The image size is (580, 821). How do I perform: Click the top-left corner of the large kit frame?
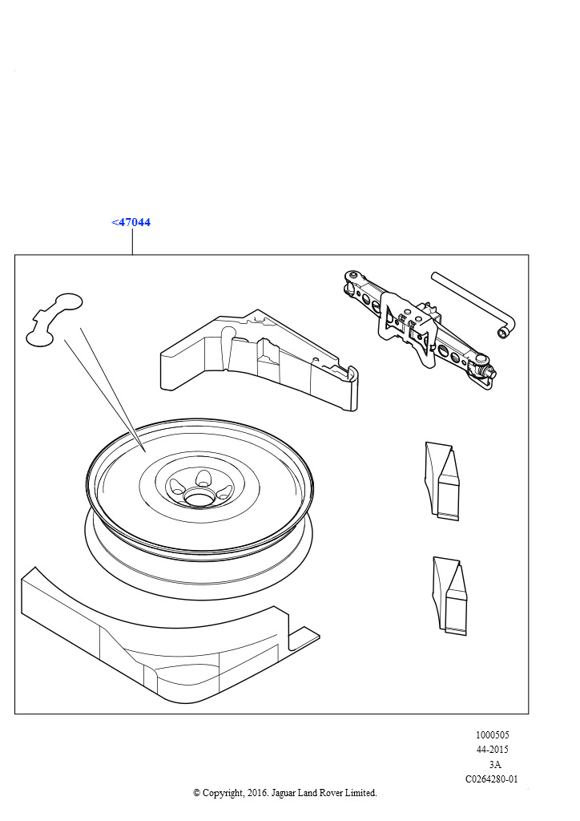14,255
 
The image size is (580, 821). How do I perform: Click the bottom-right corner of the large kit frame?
528,713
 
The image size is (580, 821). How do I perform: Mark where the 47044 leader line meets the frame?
132,255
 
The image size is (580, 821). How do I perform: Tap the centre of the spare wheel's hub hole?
199,496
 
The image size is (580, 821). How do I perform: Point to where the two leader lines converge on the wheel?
144,451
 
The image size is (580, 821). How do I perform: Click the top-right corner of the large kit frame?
528,255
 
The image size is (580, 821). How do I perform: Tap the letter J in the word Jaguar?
273,793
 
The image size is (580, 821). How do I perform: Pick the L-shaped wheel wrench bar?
473,304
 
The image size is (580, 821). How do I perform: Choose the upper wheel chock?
442,481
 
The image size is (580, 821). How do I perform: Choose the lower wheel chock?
449,596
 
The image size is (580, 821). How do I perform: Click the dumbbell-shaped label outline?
54,319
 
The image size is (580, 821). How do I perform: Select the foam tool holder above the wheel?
259,360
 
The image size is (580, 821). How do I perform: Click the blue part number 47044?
131,222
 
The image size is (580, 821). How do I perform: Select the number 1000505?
492,734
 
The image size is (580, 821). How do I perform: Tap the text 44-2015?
492,750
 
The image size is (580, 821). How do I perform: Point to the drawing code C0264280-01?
492,779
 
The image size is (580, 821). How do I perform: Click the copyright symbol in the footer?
197,793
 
